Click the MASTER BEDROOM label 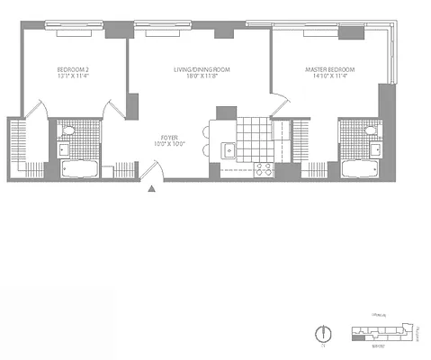330,68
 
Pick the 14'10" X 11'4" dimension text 330,76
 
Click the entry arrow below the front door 153,189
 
